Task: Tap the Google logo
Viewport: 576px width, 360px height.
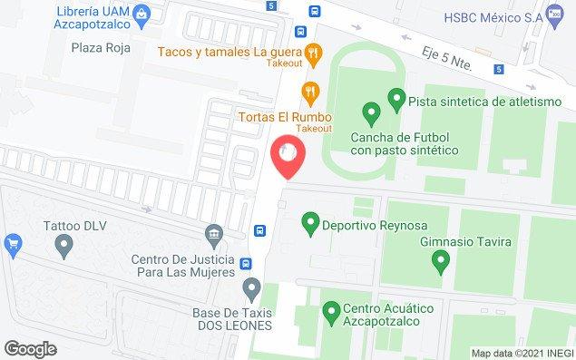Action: coord(30,349)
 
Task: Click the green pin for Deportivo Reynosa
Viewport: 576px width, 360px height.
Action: coord(310,221)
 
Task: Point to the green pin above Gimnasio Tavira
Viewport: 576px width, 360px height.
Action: coord(441,263)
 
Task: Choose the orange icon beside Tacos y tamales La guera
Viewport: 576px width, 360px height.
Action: coord(311,53)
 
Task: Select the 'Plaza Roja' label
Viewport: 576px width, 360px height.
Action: coord(102,48)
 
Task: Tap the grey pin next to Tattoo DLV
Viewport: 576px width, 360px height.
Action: coord(64,244)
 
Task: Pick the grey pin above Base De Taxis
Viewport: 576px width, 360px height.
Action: coord(253,289)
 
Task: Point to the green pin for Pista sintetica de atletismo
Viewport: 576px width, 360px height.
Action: coord(395,97)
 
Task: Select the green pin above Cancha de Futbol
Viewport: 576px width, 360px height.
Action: coord(370,113)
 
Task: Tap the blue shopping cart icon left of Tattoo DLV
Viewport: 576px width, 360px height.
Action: coord(12,242)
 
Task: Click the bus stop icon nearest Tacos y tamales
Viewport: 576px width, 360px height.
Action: coord(314,13)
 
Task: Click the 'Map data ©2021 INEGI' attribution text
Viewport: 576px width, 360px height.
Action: coord(521,352)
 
